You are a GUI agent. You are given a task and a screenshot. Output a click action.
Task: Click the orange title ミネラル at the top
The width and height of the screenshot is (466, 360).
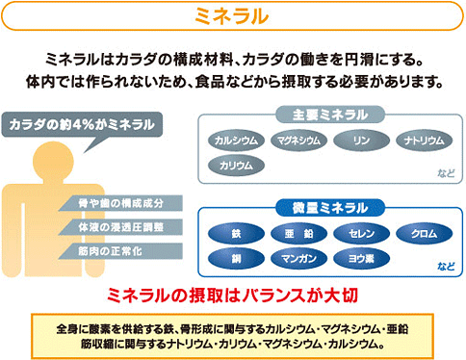coord(232,16)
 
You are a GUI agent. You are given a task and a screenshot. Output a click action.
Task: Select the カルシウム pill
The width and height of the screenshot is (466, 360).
coord(235,141)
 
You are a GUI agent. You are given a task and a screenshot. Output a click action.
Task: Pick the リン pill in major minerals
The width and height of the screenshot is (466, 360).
coord(361,141)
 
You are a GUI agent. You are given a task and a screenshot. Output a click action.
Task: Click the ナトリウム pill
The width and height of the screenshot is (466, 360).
coord(424,141)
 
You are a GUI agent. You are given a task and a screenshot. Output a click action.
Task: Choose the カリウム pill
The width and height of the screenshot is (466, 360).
coord(235,165)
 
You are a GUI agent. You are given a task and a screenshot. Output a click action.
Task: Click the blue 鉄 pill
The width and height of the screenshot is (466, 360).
coord(235,234)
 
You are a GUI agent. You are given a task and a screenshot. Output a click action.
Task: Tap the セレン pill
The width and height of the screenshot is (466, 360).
coord(360,234)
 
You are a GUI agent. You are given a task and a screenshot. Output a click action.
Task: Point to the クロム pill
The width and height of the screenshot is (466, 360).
coord(424,234)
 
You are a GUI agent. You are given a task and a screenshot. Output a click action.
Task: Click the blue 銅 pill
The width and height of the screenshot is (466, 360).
coord(235,258)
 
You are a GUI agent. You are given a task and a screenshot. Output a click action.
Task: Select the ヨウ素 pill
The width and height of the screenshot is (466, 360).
coord(360,258)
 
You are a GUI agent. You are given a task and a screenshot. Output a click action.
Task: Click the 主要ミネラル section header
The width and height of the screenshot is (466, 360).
coord(328,115)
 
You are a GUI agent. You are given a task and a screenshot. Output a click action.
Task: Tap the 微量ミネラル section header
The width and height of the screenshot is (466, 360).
coord(328,208)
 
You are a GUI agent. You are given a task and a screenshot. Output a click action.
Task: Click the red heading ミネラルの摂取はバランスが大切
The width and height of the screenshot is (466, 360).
coord(232,292)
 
